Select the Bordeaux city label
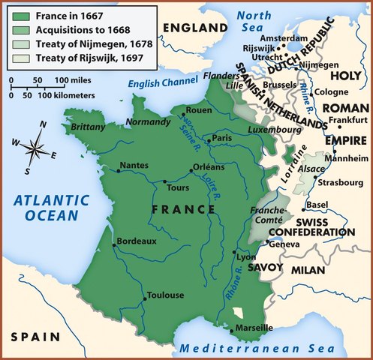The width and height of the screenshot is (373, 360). point(136,241)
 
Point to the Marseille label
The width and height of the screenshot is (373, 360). point(253,328)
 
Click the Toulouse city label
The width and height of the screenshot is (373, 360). point(165,295)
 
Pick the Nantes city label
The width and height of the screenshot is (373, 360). point(134,165)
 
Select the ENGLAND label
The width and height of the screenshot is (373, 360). point(194,28)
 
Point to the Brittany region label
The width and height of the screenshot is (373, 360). point(89,127)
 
